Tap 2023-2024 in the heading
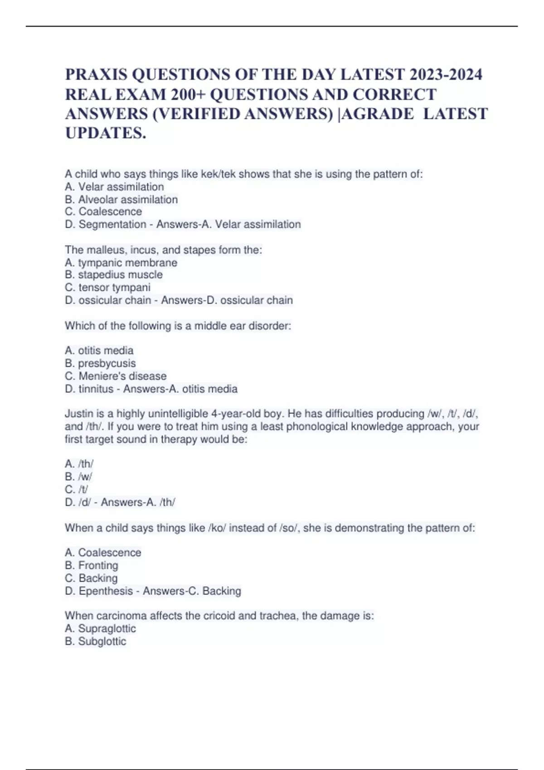[446, 74]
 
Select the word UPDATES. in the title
[106, 133]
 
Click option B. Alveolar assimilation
[121, 200]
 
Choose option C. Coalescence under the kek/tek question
[103, 212]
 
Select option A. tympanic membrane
[121, 263]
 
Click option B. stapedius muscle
[113, 275]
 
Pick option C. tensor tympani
[107, 288]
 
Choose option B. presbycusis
[100, 363]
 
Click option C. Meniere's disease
[116, 376]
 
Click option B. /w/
[78, 477]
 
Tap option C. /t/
[77, 490]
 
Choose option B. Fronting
[92, 566]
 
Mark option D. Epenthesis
[99, 591]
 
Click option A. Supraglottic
[100, 629]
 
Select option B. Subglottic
[95, 641]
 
